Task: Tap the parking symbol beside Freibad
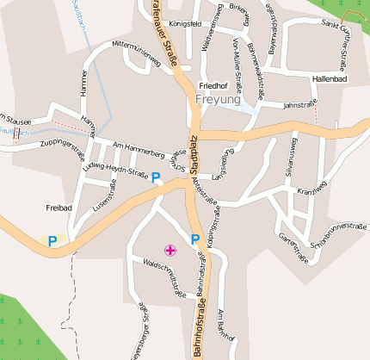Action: (x=52, y=242)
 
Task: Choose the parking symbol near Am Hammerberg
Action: (x=156, y=178)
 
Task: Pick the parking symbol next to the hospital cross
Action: (x=195, y=239)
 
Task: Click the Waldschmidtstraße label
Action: (x=165, y=280)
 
